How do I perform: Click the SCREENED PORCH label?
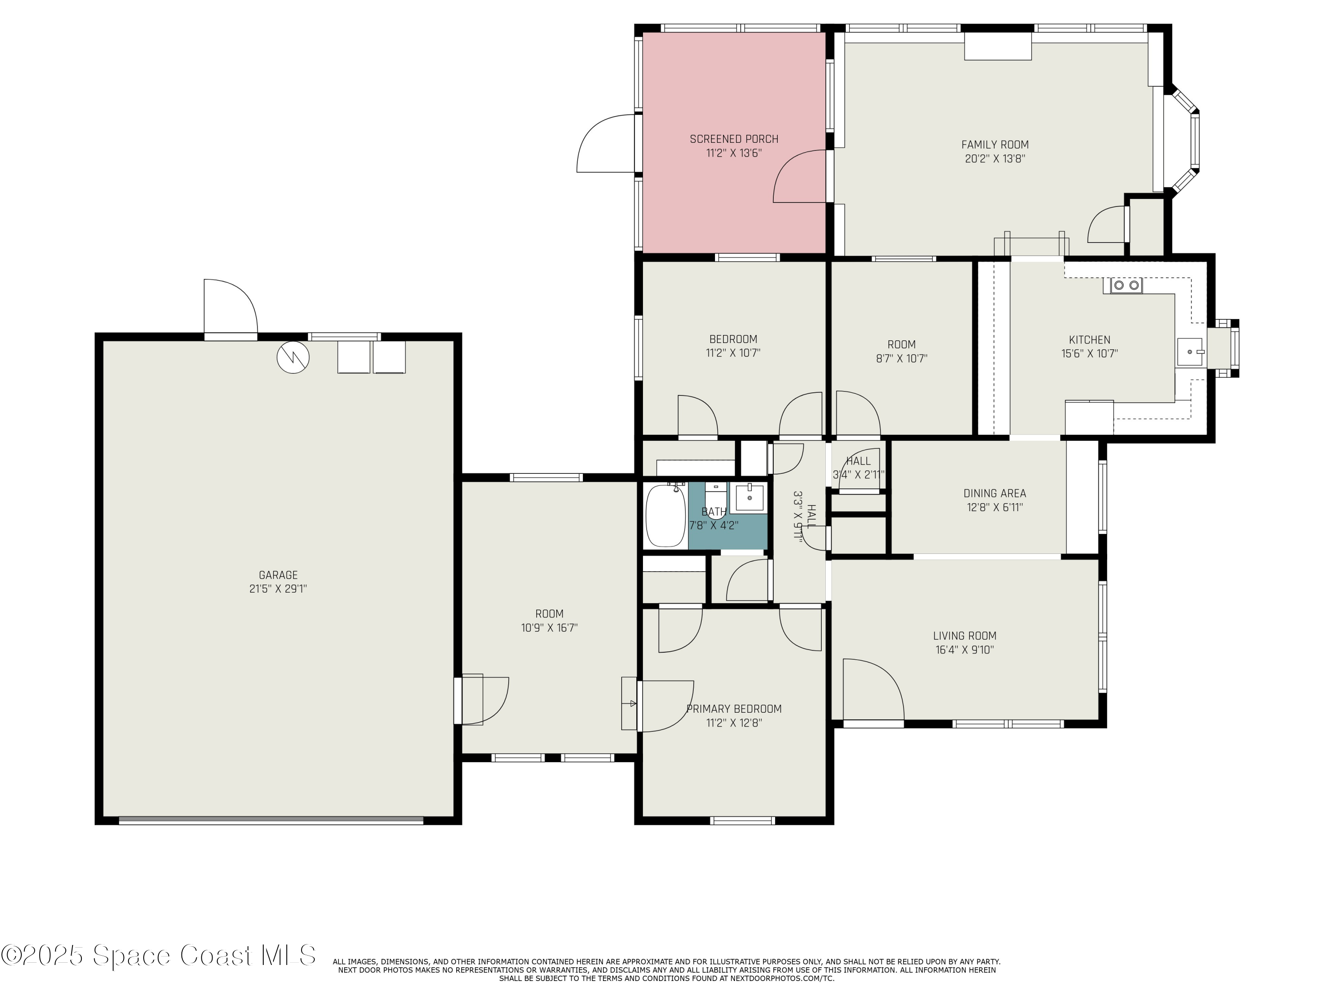coord(734,139)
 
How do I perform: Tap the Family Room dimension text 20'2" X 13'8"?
coord(994,159)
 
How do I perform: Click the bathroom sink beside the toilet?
coord(748,497)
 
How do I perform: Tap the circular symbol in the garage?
coord(293,357)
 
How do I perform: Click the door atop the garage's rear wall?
coord(230,308)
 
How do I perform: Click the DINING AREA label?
coord(994,493)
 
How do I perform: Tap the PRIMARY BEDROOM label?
coord(734,709)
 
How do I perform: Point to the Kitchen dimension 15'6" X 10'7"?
coord(1089,354)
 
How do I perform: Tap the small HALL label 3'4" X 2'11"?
coord(858,468)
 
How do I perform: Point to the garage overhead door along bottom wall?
coord(271,820)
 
